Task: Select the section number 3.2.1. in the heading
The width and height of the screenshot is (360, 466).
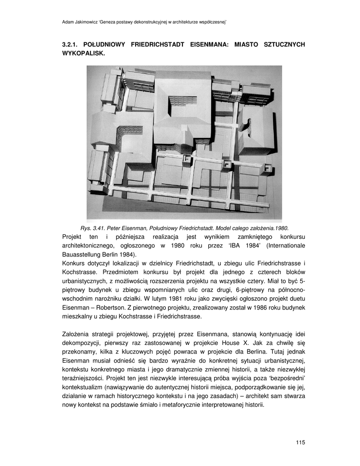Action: [71, 45]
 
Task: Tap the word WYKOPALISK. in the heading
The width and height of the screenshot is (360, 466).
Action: [83, 53]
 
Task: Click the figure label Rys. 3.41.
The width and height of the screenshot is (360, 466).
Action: [92, 228]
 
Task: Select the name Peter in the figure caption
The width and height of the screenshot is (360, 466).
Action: [114, 228]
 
